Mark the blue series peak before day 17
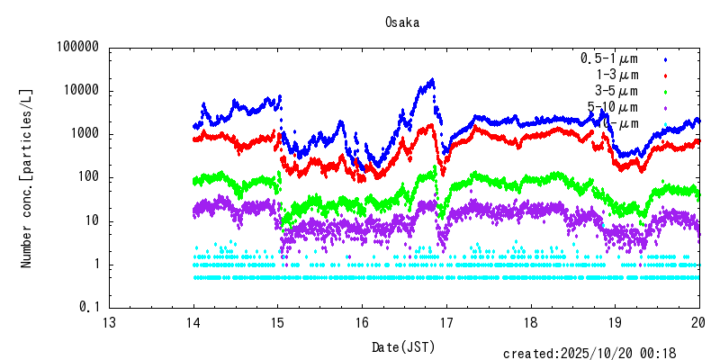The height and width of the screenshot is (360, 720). [433, 80]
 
